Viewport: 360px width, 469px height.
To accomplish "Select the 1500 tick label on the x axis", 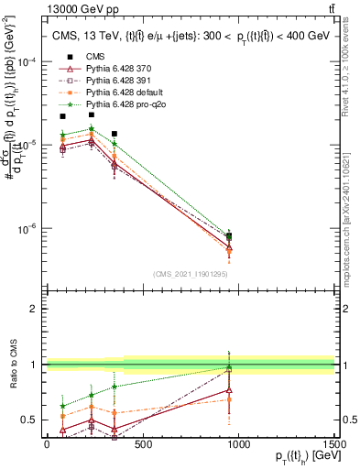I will (335, 444).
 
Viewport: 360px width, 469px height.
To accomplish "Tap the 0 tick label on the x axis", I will (47, 444).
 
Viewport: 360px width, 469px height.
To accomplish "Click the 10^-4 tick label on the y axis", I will (25, 61).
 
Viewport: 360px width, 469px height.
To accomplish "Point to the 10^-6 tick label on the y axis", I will (25, 228).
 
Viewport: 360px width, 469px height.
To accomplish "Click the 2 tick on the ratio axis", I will (34, 309).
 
